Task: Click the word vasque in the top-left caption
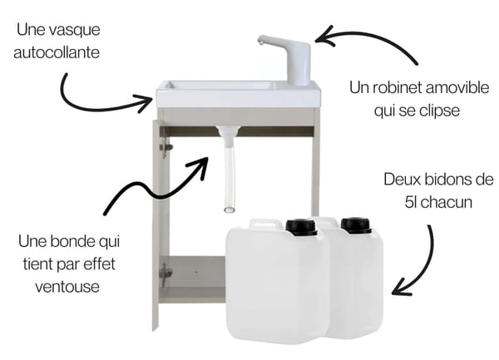click(x=75, y=31)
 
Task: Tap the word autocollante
click(x=57, y=52)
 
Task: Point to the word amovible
click(x=457, y=88)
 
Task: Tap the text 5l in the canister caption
click(x=411, y=202)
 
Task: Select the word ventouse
click(x=67, y=287)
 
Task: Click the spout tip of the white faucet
click(x=260, y=42)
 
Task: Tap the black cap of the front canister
click(x=301, y=227)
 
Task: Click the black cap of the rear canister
click(x=356, y=225)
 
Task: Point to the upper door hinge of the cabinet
click(x=166, y=147)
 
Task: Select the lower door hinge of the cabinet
click(x=166, y=274)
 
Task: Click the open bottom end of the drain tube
click(x=230, y=210)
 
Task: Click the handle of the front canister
click(x=266, y=223)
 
